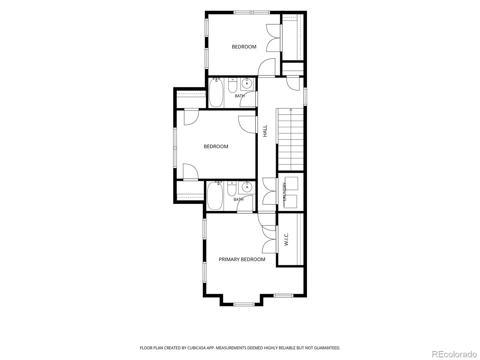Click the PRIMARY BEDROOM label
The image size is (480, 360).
point(242,259)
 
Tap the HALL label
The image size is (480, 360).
point(265,131)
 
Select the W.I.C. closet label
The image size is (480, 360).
point(286,239)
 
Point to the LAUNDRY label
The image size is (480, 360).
point(284,192)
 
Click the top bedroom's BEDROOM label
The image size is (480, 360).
point(244,47)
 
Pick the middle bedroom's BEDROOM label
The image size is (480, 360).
point(216,146)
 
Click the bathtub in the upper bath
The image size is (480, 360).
point(216,93)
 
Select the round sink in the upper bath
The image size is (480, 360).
point(247,83)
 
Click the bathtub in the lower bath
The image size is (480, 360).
point(215,196)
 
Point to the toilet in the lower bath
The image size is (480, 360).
point(232,189)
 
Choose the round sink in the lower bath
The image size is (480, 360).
point(247,187)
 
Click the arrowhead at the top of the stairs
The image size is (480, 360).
point(291,110)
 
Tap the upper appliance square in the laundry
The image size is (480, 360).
point(292,183)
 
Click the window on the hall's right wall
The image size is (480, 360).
point(305,97)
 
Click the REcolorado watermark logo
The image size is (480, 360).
point(454,354)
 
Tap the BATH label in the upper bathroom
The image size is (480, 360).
point(240,96)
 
